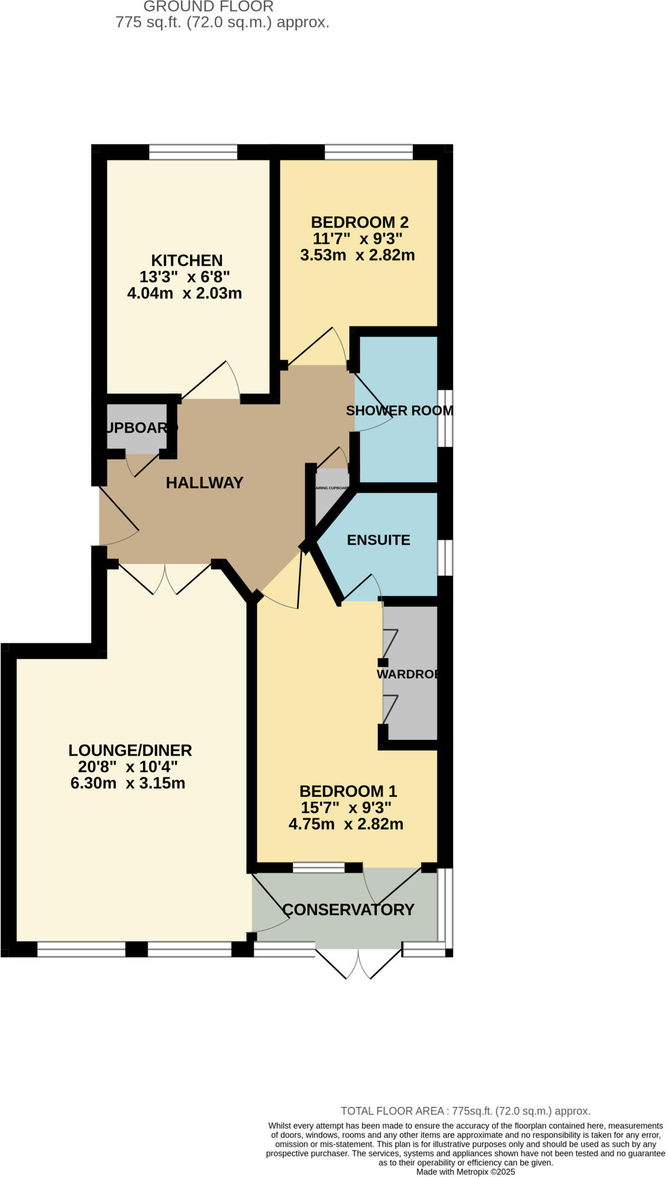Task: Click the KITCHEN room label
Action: coord(187,260)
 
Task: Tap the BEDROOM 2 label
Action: coord(360,222)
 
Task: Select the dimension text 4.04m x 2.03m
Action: coord(184,293)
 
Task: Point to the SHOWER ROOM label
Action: coord(399,410)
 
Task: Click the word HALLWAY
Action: coord(204,483)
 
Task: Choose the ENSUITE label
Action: coord(379,540)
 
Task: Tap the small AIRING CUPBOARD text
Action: coord(332,488)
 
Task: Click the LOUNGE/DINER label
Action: coord(130,750)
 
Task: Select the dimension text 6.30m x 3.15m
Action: coord(128,783)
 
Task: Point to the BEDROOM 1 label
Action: coord(348,791)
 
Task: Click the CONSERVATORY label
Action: coord(348,909)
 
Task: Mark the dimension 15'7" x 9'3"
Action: coord(346,807)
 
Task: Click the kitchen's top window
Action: coord(193,152)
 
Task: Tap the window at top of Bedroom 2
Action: coord(369,152)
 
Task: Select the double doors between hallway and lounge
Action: coord(165,578)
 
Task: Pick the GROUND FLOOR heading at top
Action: coord(208,7)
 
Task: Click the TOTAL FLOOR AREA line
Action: coord(465,1110)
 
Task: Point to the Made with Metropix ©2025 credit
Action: coord(465,1171)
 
